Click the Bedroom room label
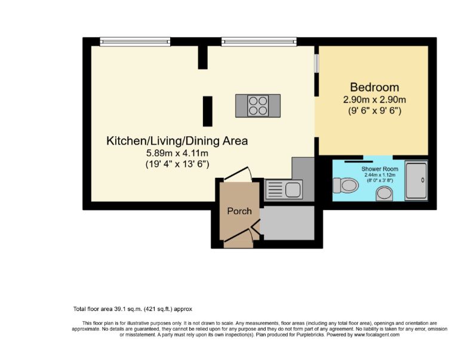[374, 87]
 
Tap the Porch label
[239, 211]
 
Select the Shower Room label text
[380, 169]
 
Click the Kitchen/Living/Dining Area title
[177, 141]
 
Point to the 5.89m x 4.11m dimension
[177, 153]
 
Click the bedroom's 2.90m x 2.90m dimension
[374, 100]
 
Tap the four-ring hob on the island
[258, 106]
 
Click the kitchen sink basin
[294, 189]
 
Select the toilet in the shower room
[346, 186]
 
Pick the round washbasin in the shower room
[384, 194]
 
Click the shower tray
[416, 181]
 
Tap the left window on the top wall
[135, 42]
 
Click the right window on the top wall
[259, 42]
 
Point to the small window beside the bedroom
[316, 63]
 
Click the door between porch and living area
[238, 174]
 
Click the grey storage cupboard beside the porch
[287, 223]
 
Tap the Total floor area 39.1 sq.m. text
[133, 309]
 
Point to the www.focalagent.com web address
[377, 334]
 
